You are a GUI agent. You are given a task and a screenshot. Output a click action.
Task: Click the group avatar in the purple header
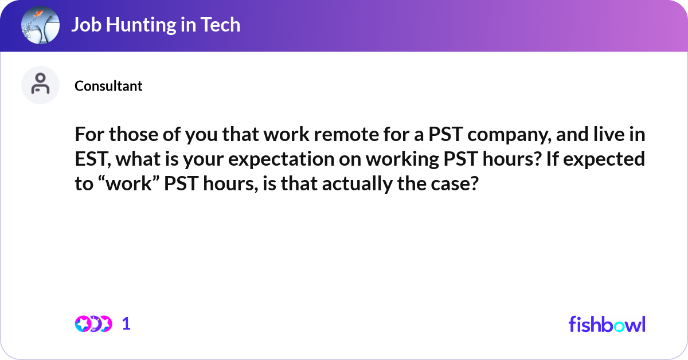tap(40, 25)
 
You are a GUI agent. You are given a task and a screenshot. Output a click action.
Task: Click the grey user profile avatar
tap(40, 85)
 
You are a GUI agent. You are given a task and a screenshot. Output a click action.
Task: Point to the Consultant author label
tap(108, 86)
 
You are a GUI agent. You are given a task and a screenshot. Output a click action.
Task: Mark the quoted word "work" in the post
tap(126, 185)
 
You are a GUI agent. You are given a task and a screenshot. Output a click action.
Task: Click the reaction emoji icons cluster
tap(93, 324)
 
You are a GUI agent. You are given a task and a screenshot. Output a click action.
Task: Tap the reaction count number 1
tap(126, 324)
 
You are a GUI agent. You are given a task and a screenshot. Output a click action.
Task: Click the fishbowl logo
tap(607, 324)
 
